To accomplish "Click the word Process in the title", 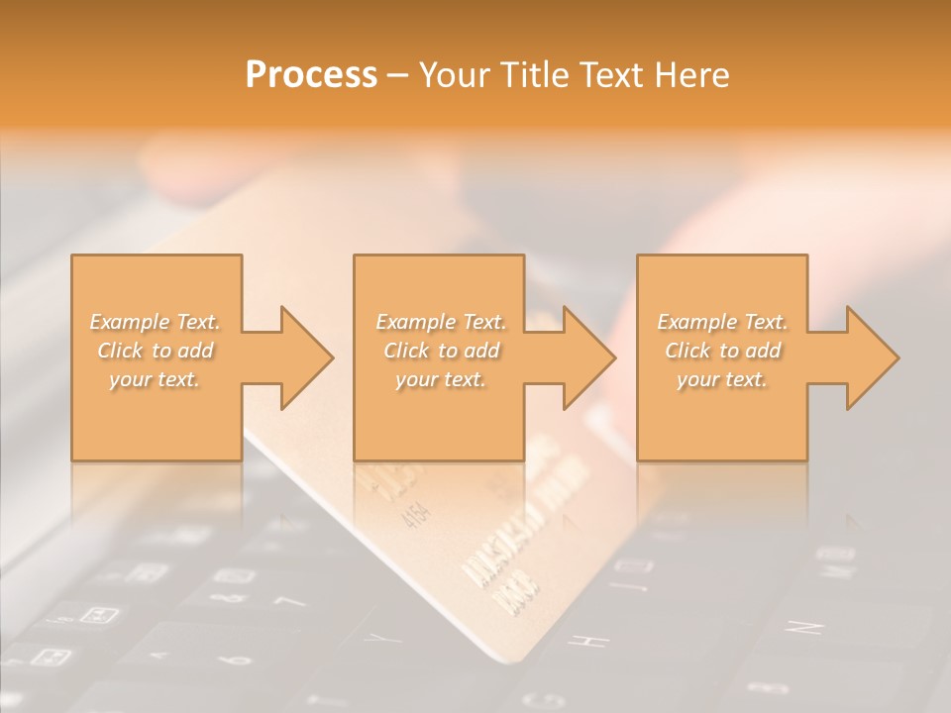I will pyautogui.click(x=311, y=74).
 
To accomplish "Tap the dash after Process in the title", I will pyautogui.click(x=397, y=75).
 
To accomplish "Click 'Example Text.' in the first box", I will pyautogui.click(x=156, y=322).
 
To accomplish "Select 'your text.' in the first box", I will pyautogui.click(x=156, y=379).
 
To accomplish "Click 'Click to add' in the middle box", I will pyautogui.click(x=441, y=351).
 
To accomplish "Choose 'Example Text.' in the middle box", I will pyautogui.click(x=441, y=322).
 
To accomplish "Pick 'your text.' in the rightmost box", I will pyautogui.click(x=722, y=379).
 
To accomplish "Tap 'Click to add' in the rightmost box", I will pyautogui.click(x=722, y=351).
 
